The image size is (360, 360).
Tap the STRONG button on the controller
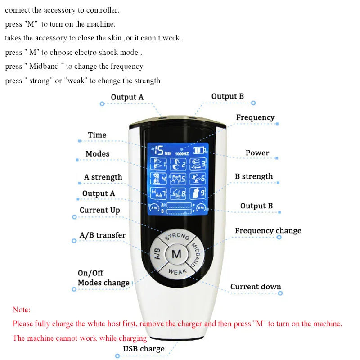(x=176, y=238)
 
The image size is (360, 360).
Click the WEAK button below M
(x=176, y=271)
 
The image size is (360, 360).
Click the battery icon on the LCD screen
(x=198, y=150)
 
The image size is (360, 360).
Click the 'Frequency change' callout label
(x=268, y=231)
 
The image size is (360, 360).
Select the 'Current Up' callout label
(x=99, y=210)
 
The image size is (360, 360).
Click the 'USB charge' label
(x=144, y=349)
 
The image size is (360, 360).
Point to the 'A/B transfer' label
(x=102, y=235)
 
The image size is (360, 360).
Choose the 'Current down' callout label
(x=255, y=287)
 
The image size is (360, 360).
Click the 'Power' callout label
(x=257, y=153)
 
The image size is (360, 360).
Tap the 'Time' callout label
(x=97, y=135)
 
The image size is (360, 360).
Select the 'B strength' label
(x=253, y=176)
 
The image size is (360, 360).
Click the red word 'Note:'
(x=22, y=310)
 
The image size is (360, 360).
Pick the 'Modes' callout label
(x=97, y=154)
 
